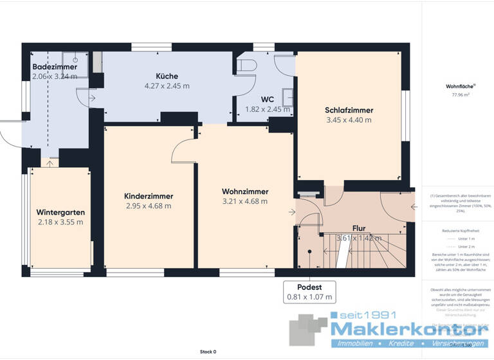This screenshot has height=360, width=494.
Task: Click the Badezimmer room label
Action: (x=55, y=67)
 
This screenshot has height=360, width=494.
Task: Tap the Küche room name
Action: (x=167, y=76)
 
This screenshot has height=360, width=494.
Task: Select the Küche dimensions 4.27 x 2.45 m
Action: (x=167, y=85)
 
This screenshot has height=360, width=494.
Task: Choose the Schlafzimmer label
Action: (x=349, y=110)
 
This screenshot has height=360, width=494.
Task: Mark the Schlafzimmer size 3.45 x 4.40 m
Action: (x=349, y=120)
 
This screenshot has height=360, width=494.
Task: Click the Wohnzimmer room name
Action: (x=244, y=192)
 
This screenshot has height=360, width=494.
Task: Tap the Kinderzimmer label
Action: (x=149, y=196)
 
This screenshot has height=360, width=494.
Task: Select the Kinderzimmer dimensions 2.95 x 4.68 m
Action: (x=149, y=206)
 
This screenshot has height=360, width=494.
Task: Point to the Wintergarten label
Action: (x=60, y=212)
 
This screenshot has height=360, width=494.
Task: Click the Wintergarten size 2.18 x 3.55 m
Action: (x=60, y=222)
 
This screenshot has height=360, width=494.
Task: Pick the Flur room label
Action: (x=359, y=228)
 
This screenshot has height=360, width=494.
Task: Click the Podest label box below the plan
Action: (x=310, y=292)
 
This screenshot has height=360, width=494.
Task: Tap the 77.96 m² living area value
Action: (x=457, y=94)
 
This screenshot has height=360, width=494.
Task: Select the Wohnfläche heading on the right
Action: (x=457, y=85)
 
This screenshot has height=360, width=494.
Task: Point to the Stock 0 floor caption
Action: (x=208, y=352)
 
